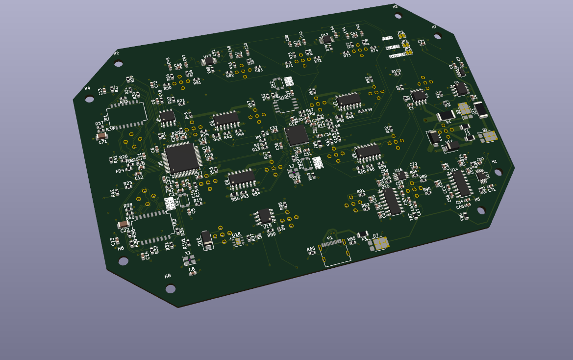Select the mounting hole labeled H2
click(119, 63)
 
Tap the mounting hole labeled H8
click(171, 288)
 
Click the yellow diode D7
click(381, 243)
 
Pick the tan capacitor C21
click(102, 135)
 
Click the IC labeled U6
click(225, 118)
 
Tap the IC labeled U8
click(242, 177)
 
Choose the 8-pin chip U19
click(265, 215)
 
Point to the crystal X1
click(190, 260)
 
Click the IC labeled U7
click(349, 100)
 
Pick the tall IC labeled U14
click(460, 183)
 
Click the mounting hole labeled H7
click(437, 36)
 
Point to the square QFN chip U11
click(297, 134)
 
